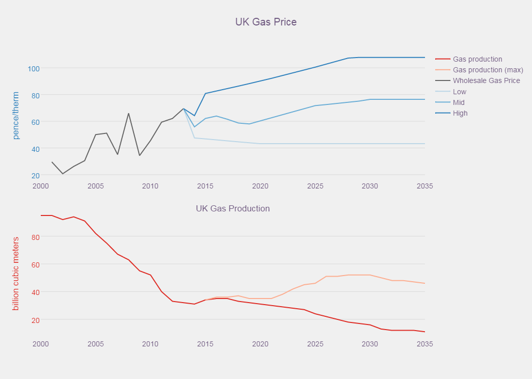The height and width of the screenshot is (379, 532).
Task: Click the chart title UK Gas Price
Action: [265, 22]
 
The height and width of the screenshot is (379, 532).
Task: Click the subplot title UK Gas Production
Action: [233, 208]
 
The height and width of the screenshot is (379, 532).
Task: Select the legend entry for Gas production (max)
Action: [488, 70]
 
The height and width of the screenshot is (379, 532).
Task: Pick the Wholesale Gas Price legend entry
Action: [486, 80]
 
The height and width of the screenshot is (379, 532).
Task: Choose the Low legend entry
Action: [459, 92]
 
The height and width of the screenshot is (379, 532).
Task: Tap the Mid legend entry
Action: [459, 102]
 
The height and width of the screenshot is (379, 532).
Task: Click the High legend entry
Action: [460, 113]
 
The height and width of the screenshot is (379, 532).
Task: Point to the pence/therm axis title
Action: [16, 116]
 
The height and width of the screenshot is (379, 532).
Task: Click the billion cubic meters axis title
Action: [16, 274]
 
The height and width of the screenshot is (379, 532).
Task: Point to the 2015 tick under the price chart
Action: [205, 186]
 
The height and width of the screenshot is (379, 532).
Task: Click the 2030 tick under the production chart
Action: [370, 344]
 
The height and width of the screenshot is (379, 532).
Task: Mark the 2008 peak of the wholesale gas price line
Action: [128, 113]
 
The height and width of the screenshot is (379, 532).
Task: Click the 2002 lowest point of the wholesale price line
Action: [63, 174]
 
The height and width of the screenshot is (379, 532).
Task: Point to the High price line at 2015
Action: [205, 93]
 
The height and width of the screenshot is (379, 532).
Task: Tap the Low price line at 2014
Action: [194, 138]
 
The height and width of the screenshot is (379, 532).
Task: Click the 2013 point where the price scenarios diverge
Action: [183, 109]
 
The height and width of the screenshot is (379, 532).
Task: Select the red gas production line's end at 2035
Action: [424, 332]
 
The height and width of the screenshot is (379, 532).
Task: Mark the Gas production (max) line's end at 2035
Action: [424, 283]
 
